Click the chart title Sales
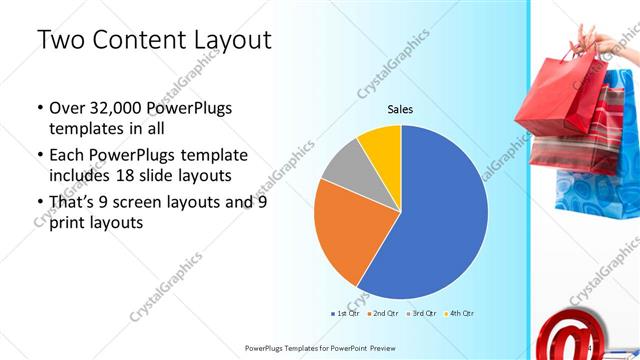pyautogui.click(x=400, y=109)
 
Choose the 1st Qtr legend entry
pyautogui.click(x=346, y=313)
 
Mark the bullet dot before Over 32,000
pyautogui.click(x=39, y=108)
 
